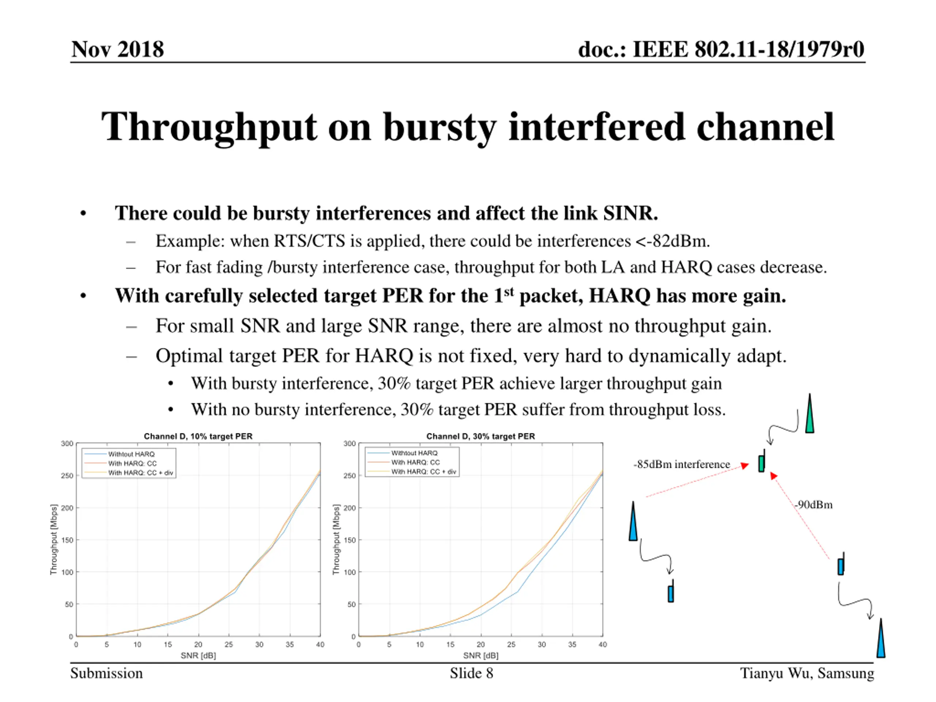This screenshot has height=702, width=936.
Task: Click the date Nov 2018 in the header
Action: tap(117, 49)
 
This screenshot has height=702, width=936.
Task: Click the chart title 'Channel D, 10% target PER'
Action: tap(198, 436)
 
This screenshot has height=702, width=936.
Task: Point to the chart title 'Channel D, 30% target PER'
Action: tap(480, 436)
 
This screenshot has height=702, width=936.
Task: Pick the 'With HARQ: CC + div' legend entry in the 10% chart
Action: tap(140, 473)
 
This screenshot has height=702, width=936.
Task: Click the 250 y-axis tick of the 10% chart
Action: tap(67, 476)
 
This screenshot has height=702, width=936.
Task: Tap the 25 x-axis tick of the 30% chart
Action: tap(511, 645)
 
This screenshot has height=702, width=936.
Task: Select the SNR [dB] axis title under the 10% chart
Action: tap(198, 656)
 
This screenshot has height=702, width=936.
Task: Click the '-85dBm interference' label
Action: tap(681, 464)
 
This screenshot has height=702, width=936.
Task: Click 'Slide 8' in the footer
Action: tap(471, 673)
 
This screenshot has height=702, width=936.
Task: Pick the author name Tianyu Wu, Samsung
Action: tap(807, 673)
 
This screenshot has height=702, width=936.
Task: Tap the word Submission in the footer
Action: tap(106, 673)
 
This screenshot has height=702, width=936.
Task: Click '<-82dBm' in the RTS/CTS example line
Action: tap(672, 241)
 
